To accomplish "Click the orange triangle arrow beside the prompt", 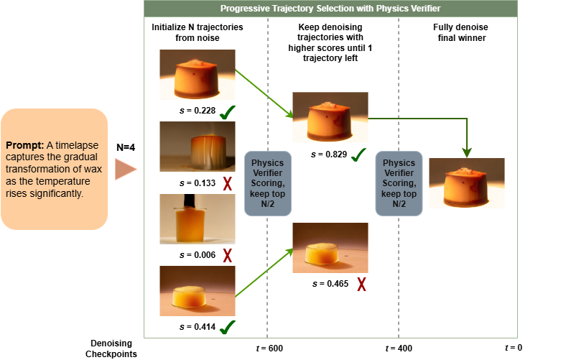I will coord(125,169).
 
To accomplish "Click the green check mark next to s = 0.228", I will coord(228,112).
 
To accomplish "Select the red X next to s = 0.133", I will coord(228,183).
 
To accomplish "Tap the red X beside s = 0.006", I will coord(228,255).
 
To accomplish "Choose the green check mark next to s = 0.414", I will coord(228,328).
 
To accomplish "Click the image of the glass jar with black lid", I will coord(197,219).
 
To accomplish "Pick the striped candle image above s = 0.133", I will coord(197,146).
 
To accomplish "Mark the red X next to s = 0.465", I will coord(361,284).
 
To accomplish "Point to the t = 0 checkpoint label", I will coord(513,348).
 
